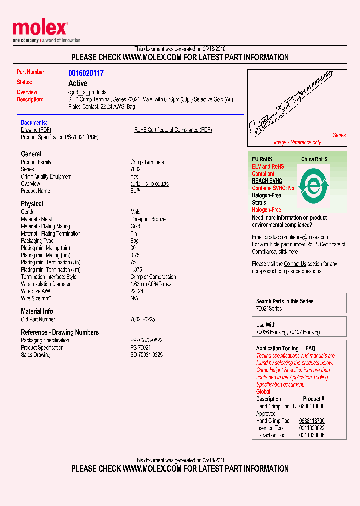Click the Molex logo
[x=40, y=29]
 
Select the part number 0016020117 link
[x=86, y=73]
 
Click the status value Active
[x=78, y=83]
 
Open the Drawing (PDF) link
[x=36, y=130]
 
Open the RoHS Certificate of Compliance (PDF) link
[x=173, y=130]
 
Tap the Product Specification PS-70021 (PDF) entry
[x=59, y=137]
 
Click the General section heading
[x=31, y=154]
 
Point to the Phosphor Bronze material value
[x=148, y=219]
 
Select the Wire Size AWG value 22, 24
[x=136, y=291]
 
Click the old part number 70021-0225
[x=143, y=319]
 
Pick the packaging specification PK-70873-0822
[x=146, y=340]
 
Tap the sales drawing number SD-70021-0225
[x=146, y=355]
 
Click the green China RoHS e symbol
[x=313, y=185]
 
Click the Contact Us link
[x=295, y=264]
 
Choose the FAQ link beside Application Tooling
[x=310, y=348]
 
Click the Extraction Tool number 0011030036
[x=312, y=435]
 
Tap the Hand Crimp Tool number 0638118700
[x=312, y=421]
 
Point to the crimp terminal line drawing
[x=295, y=106]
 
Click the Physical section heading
[x=32, y=204]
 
